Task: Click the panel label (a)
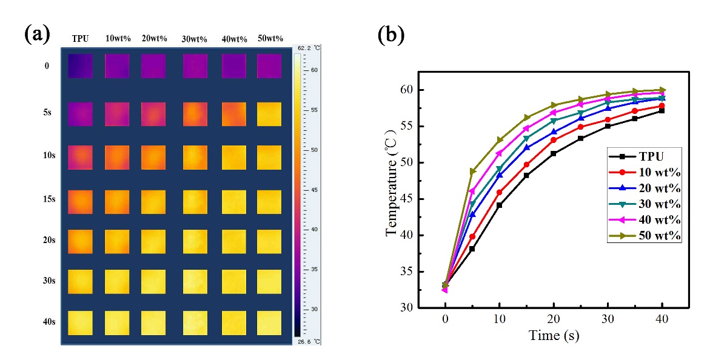point(36,33)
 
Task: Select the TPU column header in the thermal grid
point(80,39)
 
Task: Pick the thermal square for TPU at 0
point(80,65)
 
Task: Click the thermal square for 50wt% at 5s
point(269,114)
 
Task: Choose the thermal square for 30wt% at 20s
point(194,242)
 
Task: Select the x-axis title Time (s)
point(554,335)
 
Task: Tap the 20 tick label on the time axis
point(554,320)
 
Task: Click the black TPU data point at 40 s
point(662,110)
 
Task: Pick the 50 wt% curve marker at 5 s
point(473,172)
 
